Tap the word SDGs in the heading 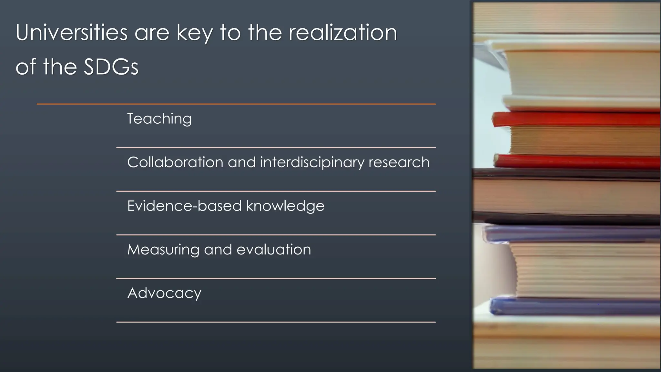(x=111, y=67)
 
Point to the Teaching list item (x=159, y=119)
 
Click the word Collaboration (x=175, y=162)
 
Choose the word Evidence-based (x=184, y=206)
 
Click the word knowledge (x=285, y=206)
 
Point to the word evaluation (x=274, y=250)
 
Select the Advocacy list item (x=164, y=293)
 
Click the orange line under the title (x=236, y=104)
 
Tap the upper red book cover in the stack (x=575, y=119)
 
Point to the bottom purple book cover (x=575, y=306)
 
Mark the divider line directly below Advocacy (x=276, y=322)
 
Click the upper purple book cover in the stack (x=571, y=234)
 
